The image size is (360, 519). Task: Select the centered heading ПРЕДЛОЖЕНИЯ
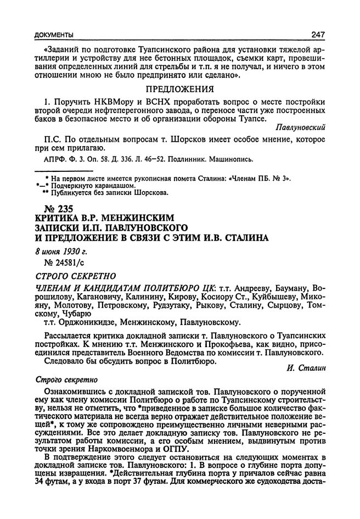[178, 88]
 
